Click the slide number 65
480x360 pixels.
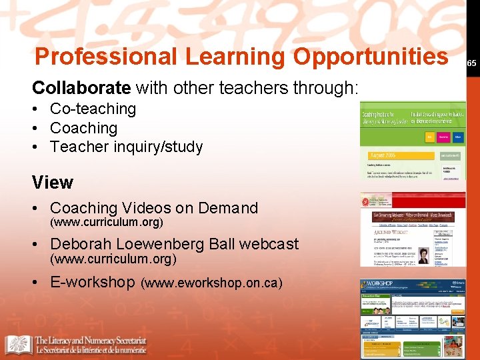click(x=471, y=63)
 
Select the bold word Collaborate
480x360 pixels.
click(x=81, y=87)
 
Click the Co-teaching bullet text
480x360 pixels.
click(x=93, y=109)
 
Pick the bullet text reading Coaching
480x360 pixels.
click(x=83, y=128)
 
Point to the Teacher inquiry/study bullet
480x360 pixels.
click(x=126, y=147)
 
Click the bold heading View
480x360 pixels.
click(x=53, y=182)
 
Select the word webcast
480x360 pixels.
click(x=269, y=244)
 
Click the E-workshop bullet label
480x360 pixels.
click(x=92, y=282)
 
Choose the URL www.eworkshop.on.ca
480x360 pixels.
click(x=211, y=283)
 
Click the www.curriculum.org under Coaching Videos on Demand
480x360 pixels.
click(x=107, y=222)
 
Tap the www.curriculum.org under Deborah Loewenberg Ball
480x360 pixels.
click(x=114, y=259)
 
